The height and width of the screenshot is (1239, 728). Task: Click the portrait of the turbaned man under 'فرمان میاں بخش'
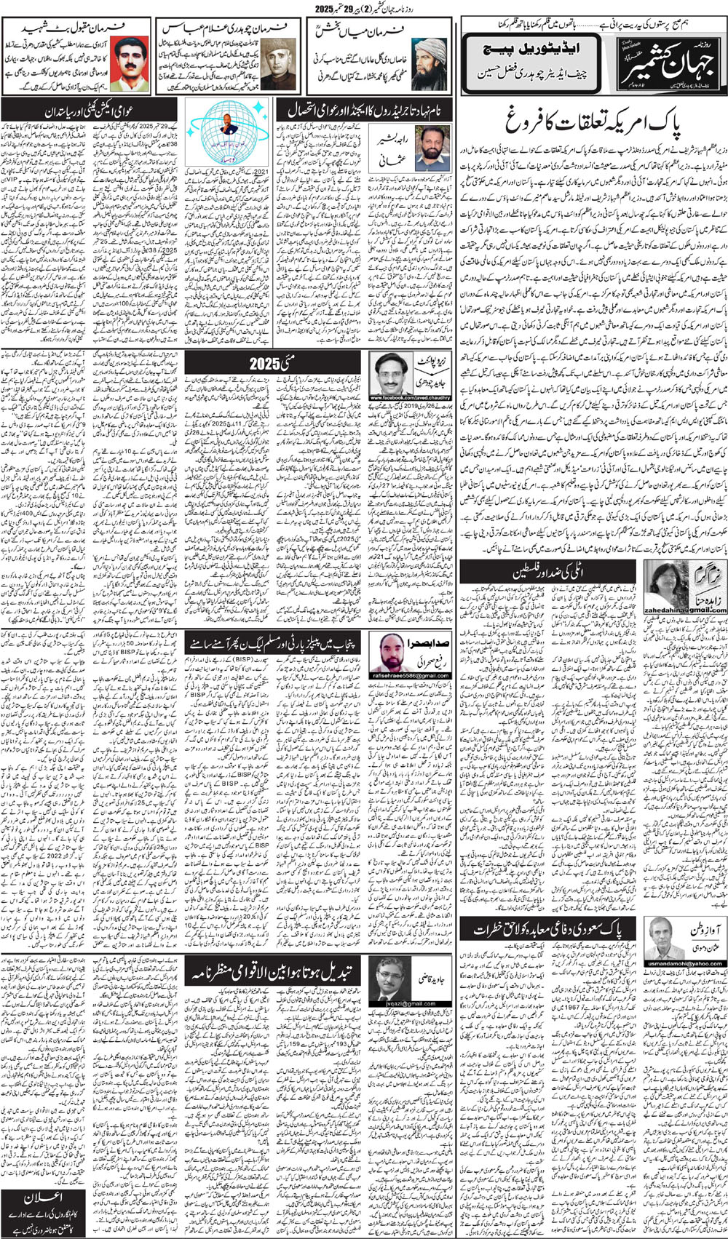pos(430,63)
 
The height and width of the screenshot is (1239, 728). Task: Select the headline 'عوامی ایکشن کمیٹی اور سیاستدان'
pos(90,111)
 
